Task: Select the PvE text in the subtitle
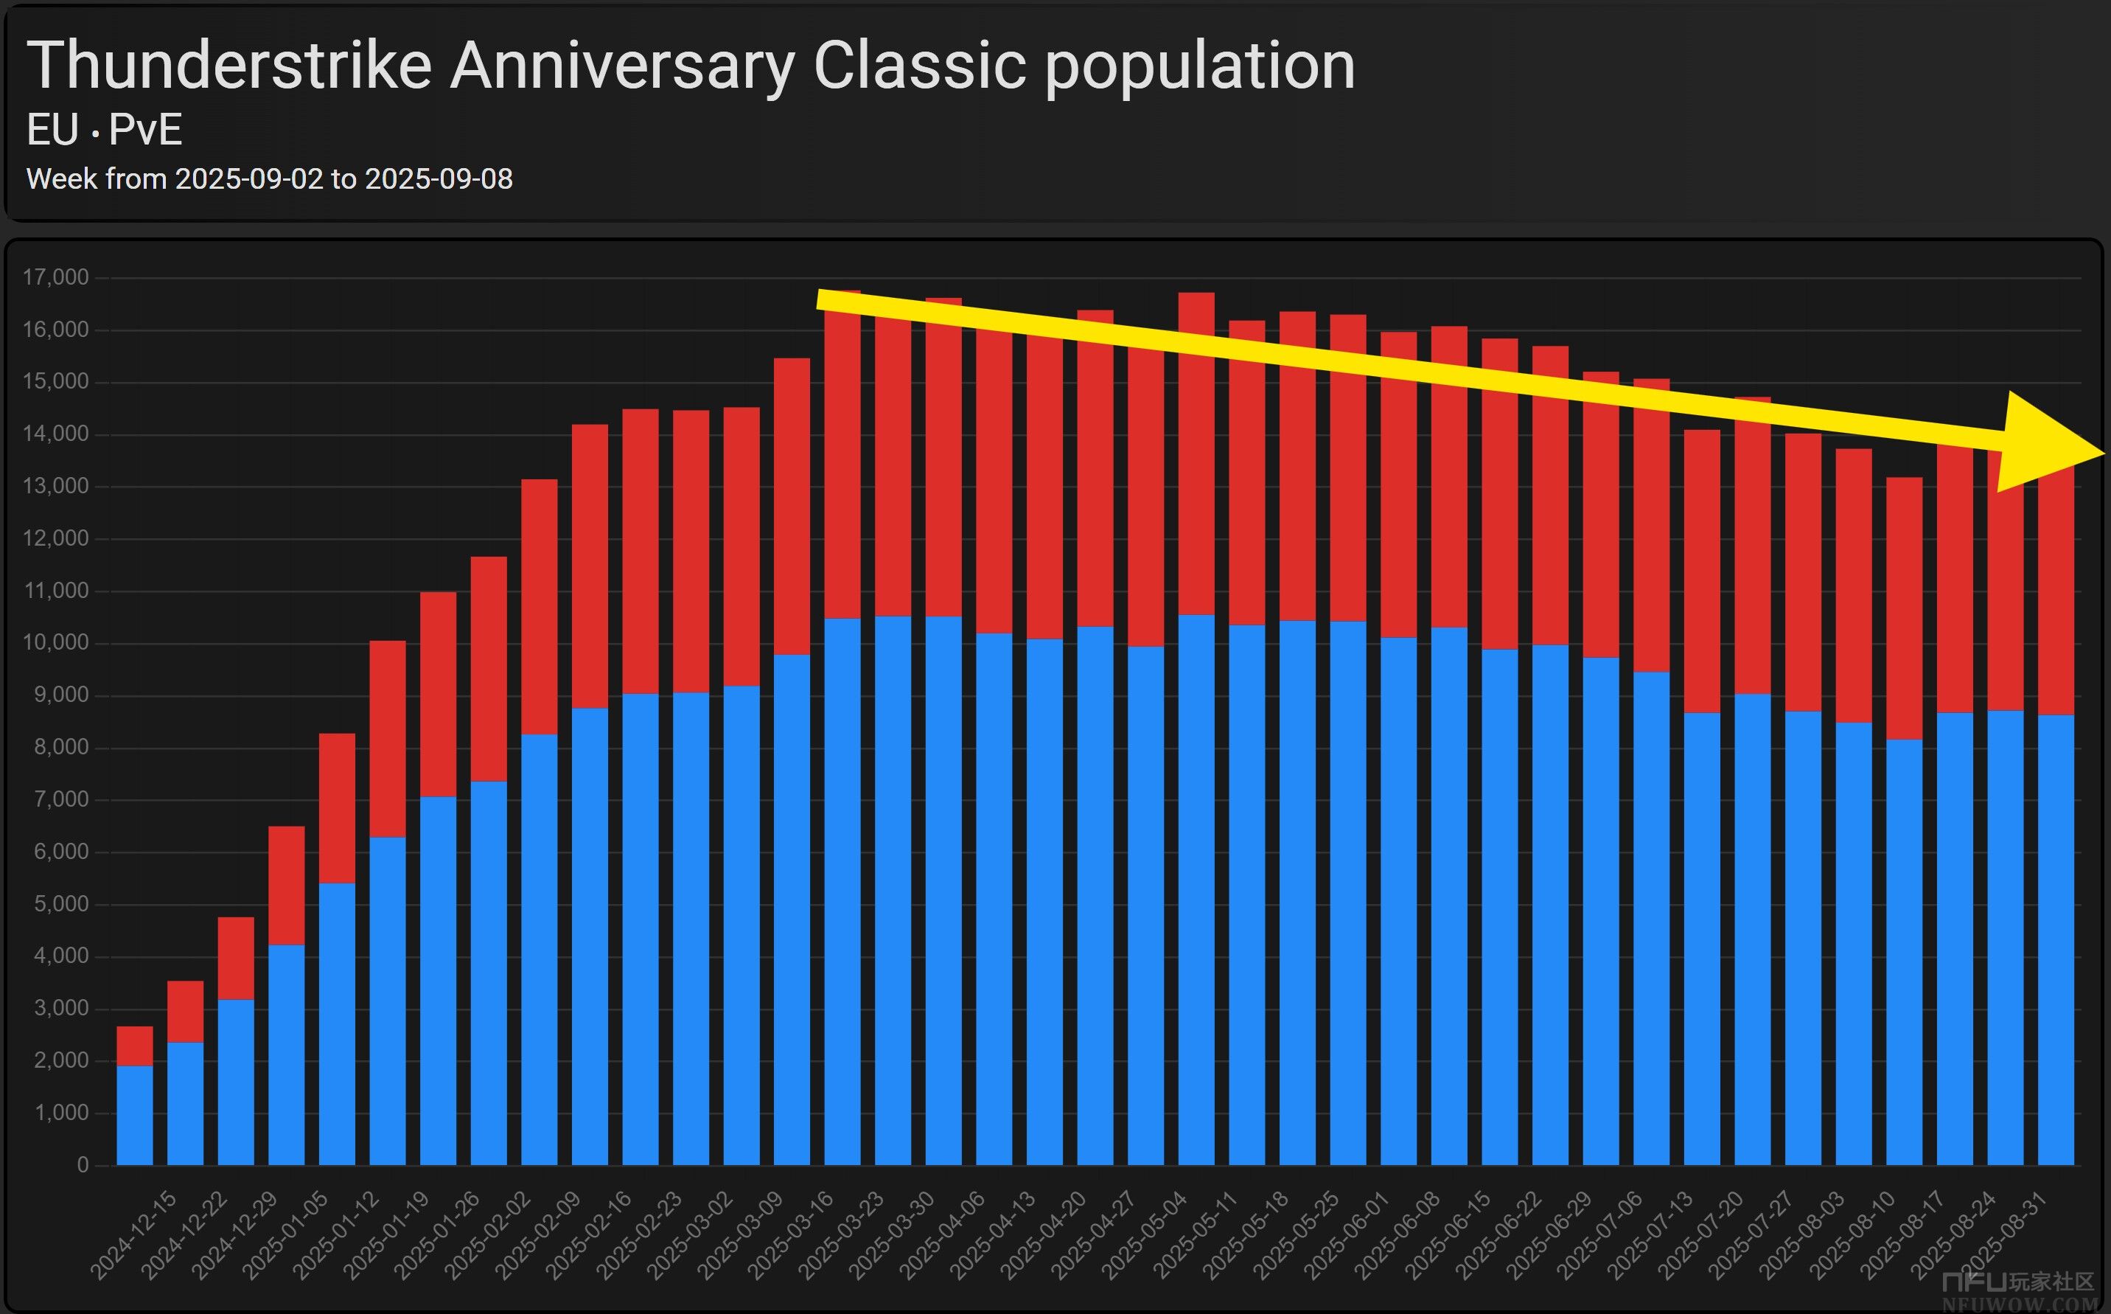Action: tap(145, 131)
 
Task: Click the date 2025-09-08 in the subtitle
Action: tap(439, 179)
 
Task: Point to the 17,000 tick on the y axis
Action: tap(55, 277)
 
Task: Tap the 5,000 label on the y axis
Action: tap(61, 904)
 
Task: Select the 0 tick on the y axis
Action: tap(83, 1164)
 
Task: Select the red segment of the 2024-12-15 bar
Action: tap(135, 1046)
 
